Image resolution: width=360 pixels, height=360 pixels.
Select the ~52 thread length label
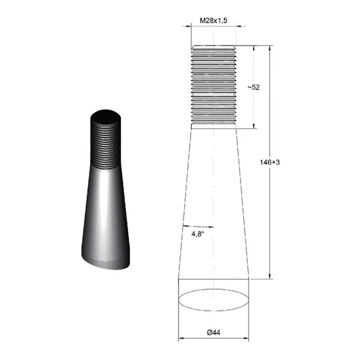(x=253, y=87)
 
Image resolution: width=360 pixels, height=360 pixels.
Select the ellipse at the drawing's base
(x=214, y=300)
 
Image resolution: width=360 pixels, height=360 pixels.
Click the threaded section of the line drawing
(x=214, y=85)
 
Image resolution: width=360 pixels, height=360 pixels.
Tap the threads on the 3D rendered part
(x=107, y=145)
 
